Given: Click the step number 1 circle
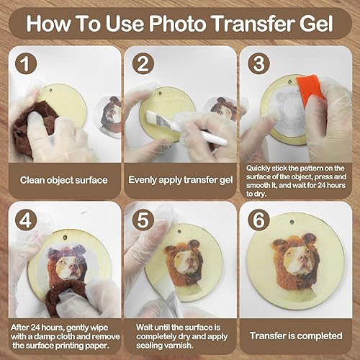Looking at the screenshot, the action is (x=26, y=63).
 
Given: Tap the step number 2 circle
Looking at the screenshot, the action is (x=143, y=63).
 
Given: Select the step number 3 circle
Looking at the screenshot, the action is (x=259, y=63).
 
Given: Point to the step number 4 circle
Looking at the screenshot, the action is (x=26, y=220).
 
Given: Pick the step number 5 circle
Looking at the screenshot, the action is (x=143, y=220).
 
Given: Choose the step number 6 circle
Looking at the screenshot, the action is (x=259, y=220).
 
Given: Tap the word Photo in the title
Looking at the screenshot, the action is (x=178, y=23).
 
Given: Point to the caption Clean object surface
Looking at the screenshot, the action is (x=63, y=180).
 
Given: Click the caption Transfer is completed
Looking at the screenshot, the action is (x=296, y=336).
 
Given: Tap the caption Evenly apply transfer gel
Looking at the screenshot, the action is (x=181, y=180).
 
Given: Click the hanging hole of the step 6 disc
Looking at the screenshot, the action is (x=292, y=222).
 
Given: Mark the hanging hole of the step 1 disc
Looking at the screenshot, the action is (x=51, y=91).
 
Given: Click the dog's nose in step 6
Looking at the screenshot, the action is (x=305, y=259).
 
